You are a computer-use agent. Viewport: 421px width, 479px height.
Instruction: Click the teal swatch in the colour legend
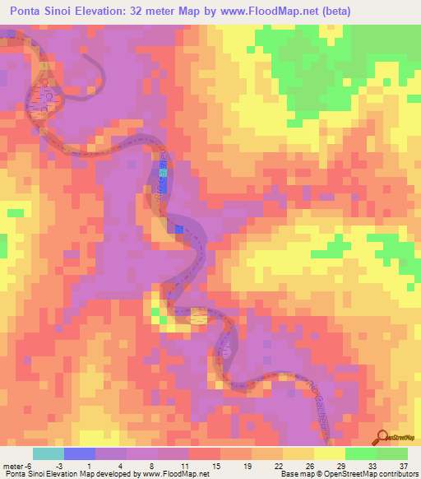pos(49,453)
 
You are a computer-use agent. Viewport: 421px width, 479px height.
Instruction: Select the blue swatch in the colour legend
pos(80,453)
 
